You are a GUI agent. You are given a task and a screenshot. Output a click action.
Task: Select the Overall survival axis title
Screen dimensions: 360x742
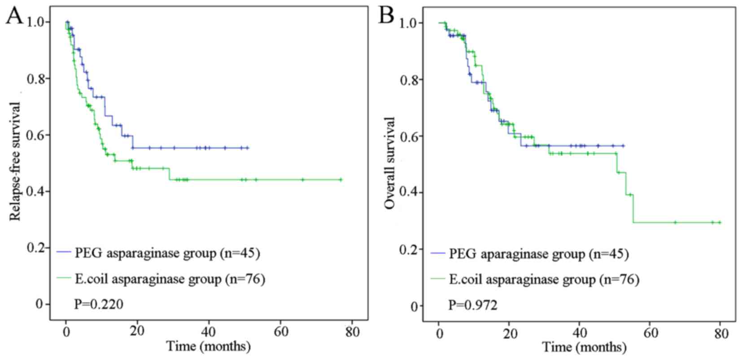point(389,163)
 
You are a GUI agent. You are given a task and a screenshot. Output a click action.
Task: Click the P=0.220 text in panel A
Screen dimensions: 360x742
point(98,305)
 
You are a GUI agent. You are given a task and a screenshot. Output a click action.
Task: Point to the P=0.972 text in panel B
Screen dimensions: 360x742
point(473,306)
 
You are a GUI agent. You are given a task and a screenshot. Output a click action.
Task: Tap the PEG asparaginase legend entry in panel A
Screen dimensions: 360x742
point(158,253)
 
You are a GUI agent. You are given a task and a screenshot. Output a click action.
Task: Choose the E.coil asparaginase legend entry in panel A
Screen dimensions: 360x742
point(161,279)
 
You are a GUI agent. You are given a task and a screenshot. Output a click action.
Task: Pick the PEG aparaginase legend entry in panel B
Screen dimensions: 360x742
point(529,254)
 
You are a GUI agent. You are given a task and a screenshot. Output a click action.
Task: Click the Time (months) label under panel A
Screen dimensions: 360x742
point(209,347)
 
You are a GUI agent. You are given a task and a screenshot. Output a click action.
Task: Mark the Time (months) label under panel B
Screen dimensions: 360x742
point(584,347)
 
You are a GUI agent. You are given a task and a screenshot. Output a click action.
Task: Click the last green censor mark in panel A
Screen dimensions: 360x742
point(341,180)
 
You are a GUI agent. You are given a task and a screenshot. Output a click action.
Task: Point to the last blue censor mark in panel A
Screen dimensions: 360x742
point(247,148)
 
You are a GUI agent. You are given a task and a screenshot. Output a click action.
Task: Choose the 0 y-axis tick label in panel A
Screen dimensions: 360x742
point(40,304)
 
